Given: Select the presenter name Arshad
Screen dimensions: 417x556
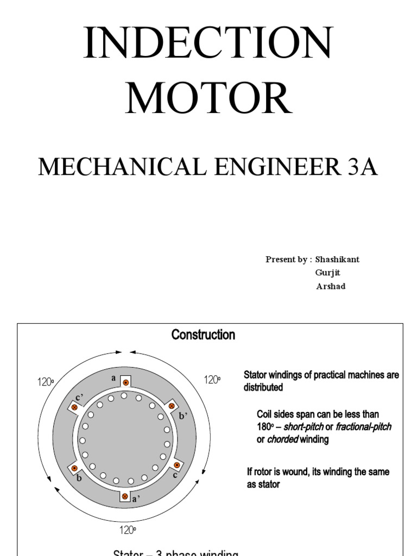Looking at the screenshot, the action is coord(330,287).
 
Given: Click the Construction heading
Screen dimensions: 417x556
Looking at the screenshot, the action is coord(203,335).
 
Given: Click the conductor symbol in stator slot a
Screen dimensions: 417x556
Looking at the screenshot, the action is coord(125,383).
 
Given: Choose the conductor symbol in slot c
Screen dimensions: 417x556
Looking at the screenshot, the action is coord(176,465).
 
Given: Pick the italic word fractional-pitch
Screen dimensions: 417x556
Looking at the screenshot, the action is coord(363,427).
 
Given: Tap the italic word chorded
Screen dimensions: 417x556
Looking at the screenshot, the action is coord(282,440).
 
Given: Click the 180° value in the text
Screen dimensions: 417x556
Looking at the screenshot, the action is coord(265,427).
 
